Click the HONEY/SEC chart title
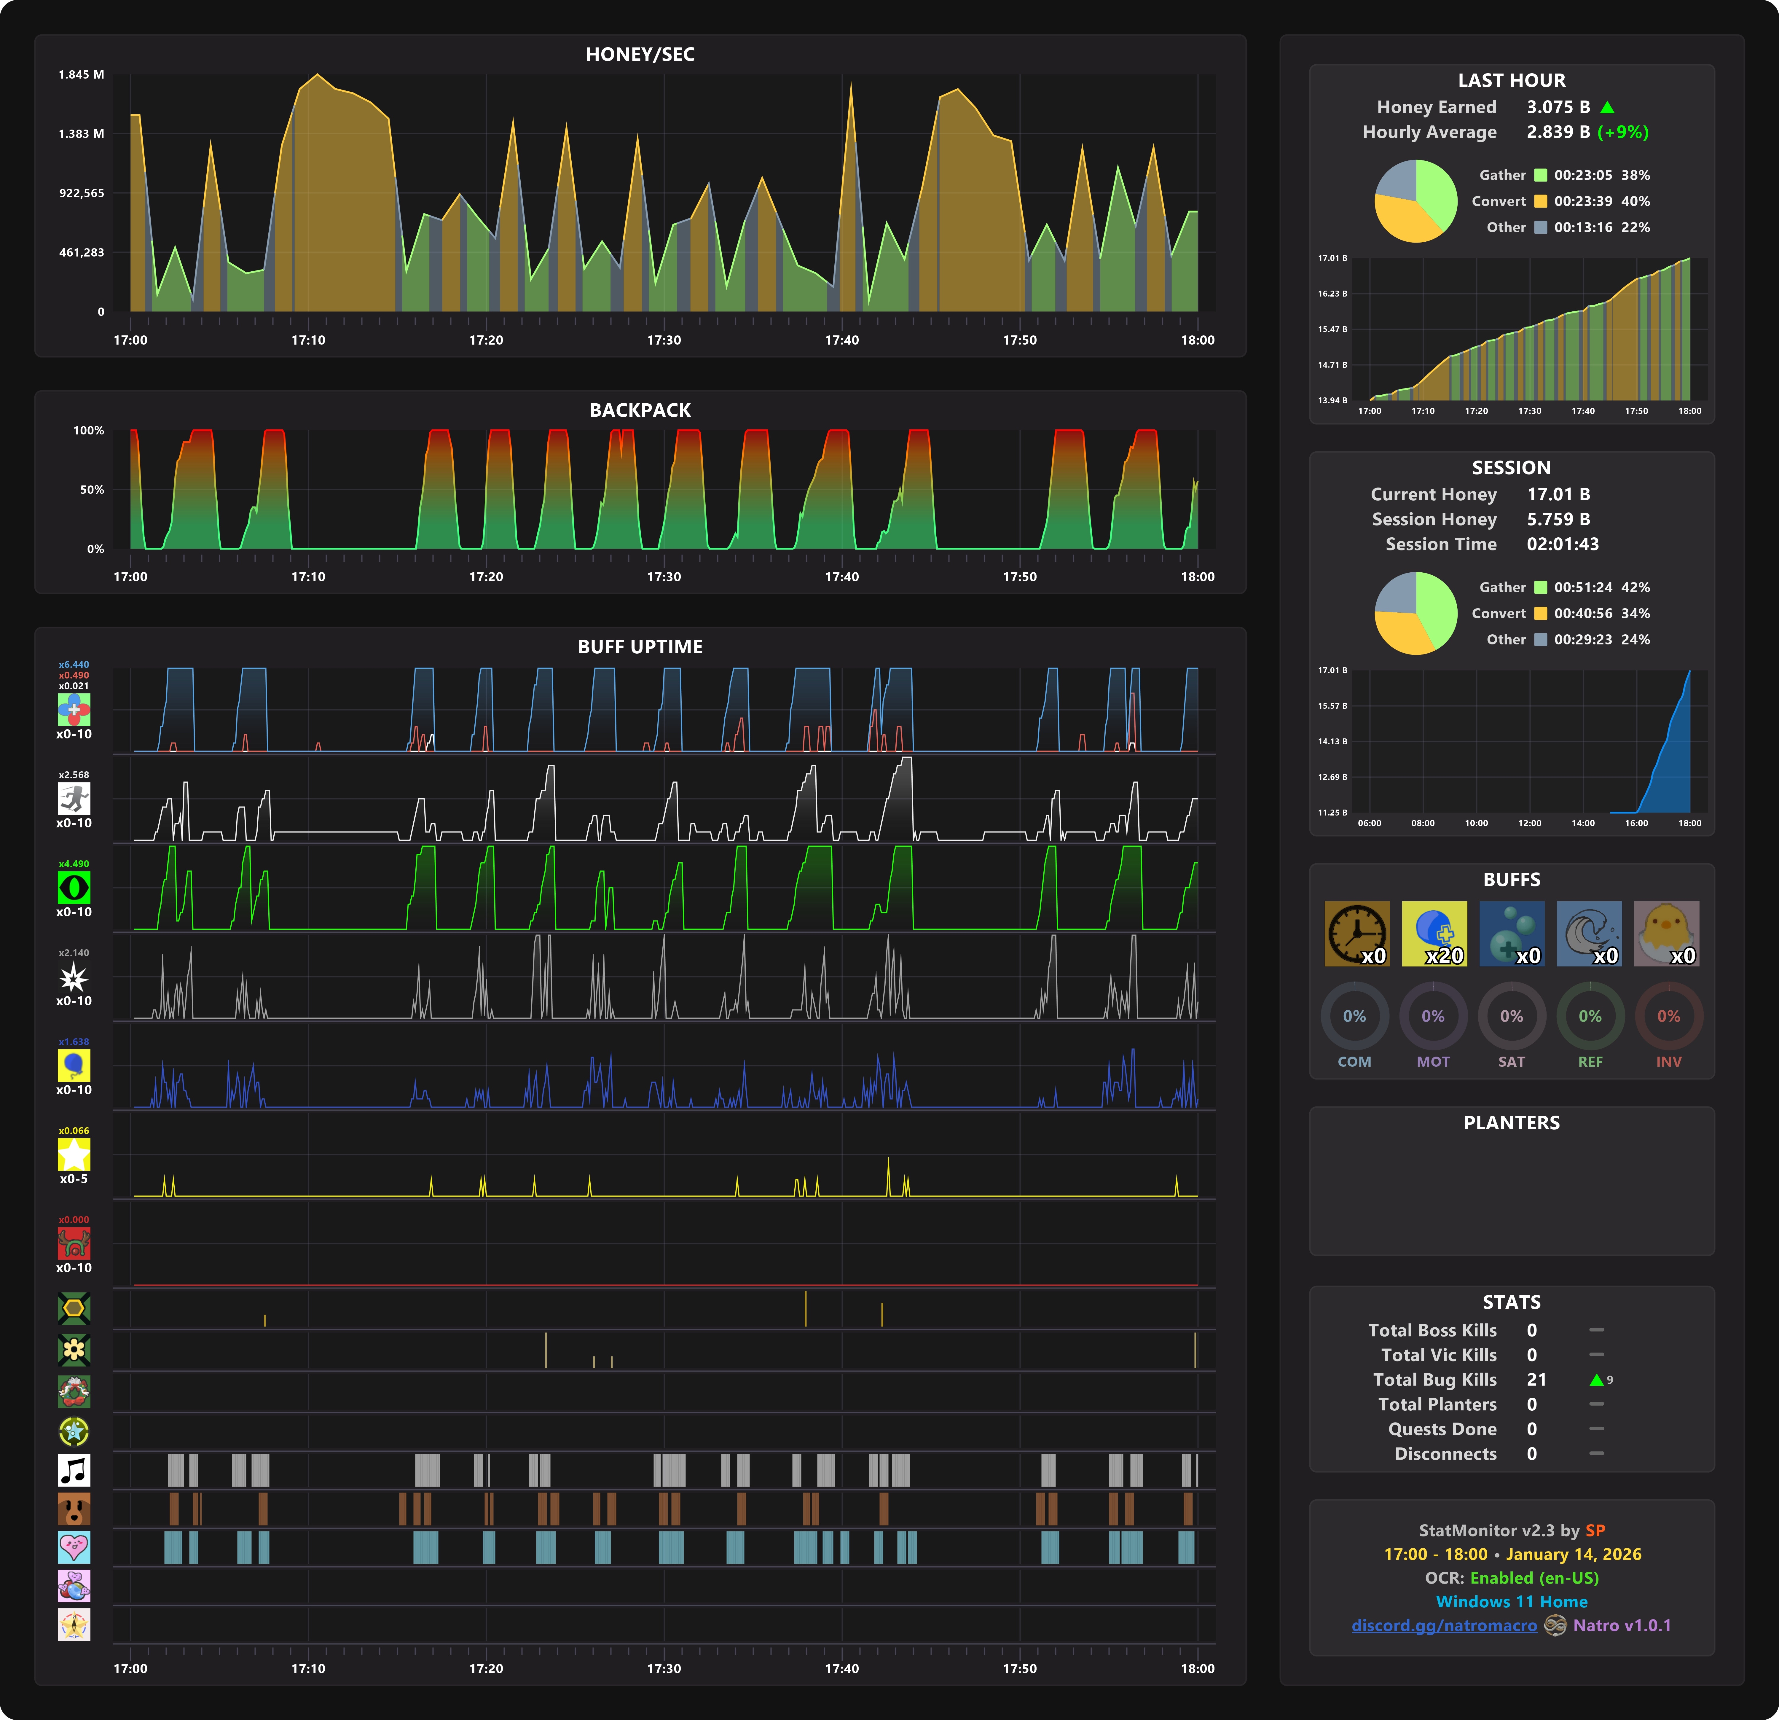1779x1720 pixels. click(x=640, y=55)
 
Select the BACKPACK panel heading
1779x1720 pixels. click(x=640, y=410)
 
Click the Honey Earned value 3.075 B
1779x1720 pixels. click(x=1558, y=107)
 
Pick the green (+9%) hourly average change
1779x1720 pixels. click(x=1623, y=133)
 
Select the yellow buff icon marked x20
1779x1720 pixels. click(x=1434, y=933)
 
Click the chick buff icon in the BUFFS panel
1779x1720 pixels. click(x=1666, y=933)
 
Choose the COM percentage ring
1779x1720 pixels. click(x=1354, y=1017)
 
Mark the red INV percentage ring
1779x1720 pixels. click(x=1668, y=1017)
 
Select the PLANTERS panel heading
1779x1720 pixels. click(x=1511, y=1123)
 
